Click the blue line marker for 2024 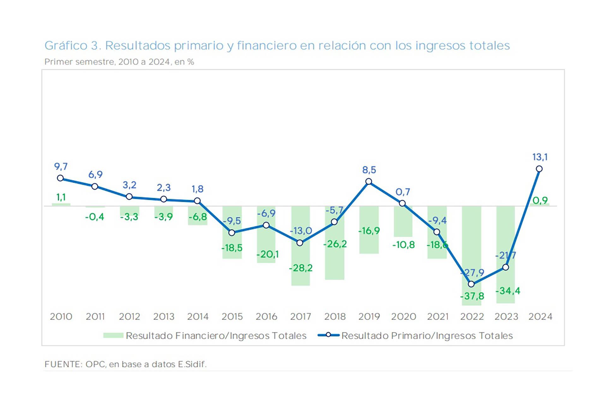tap(539, 169)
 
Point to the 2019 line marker tap(369, 181)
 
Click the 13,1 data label tap(540, 157)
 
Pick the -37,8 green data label tap(472, 296)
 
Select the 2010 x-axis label tap(61, 316)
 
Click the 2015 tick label tap(232, 316)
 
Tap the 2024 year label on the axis tap(540, 316)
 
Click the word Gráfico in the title tap(66, 46)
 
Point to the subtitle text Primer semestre tap(79, 62)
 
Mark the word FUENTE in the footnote tap(63, 364)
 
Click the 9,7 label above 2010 tap(61, 167)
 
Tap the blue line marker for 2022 tap(471, 284)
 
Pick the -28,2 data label tap(300, 268)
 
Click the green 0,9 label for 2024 tap(540, 200)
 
